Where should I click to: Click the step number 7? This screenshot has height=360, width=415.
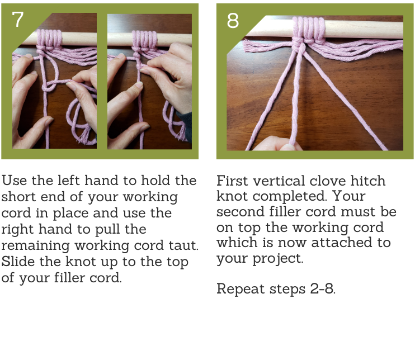[17, 20]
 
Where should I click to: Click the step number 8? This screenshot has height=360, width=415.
[233, 21]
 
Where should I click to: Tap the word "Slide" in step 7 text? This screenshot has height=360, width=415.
[18, 262]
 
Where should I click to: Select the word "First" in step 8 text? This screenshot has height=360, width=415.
[232, 181]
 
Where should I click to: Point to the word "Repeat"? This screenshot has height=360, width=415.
[240, 288]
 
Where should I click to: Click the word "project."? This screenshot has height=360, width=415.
[277, 258]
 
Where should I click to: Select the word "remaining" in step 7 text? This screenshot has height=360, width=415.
[35, 245]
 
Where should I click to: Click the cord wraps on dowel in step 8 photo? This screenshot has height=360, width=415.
[309, 29]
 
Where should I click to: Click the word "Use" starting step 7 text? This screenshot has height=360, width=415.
[15, 181]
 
